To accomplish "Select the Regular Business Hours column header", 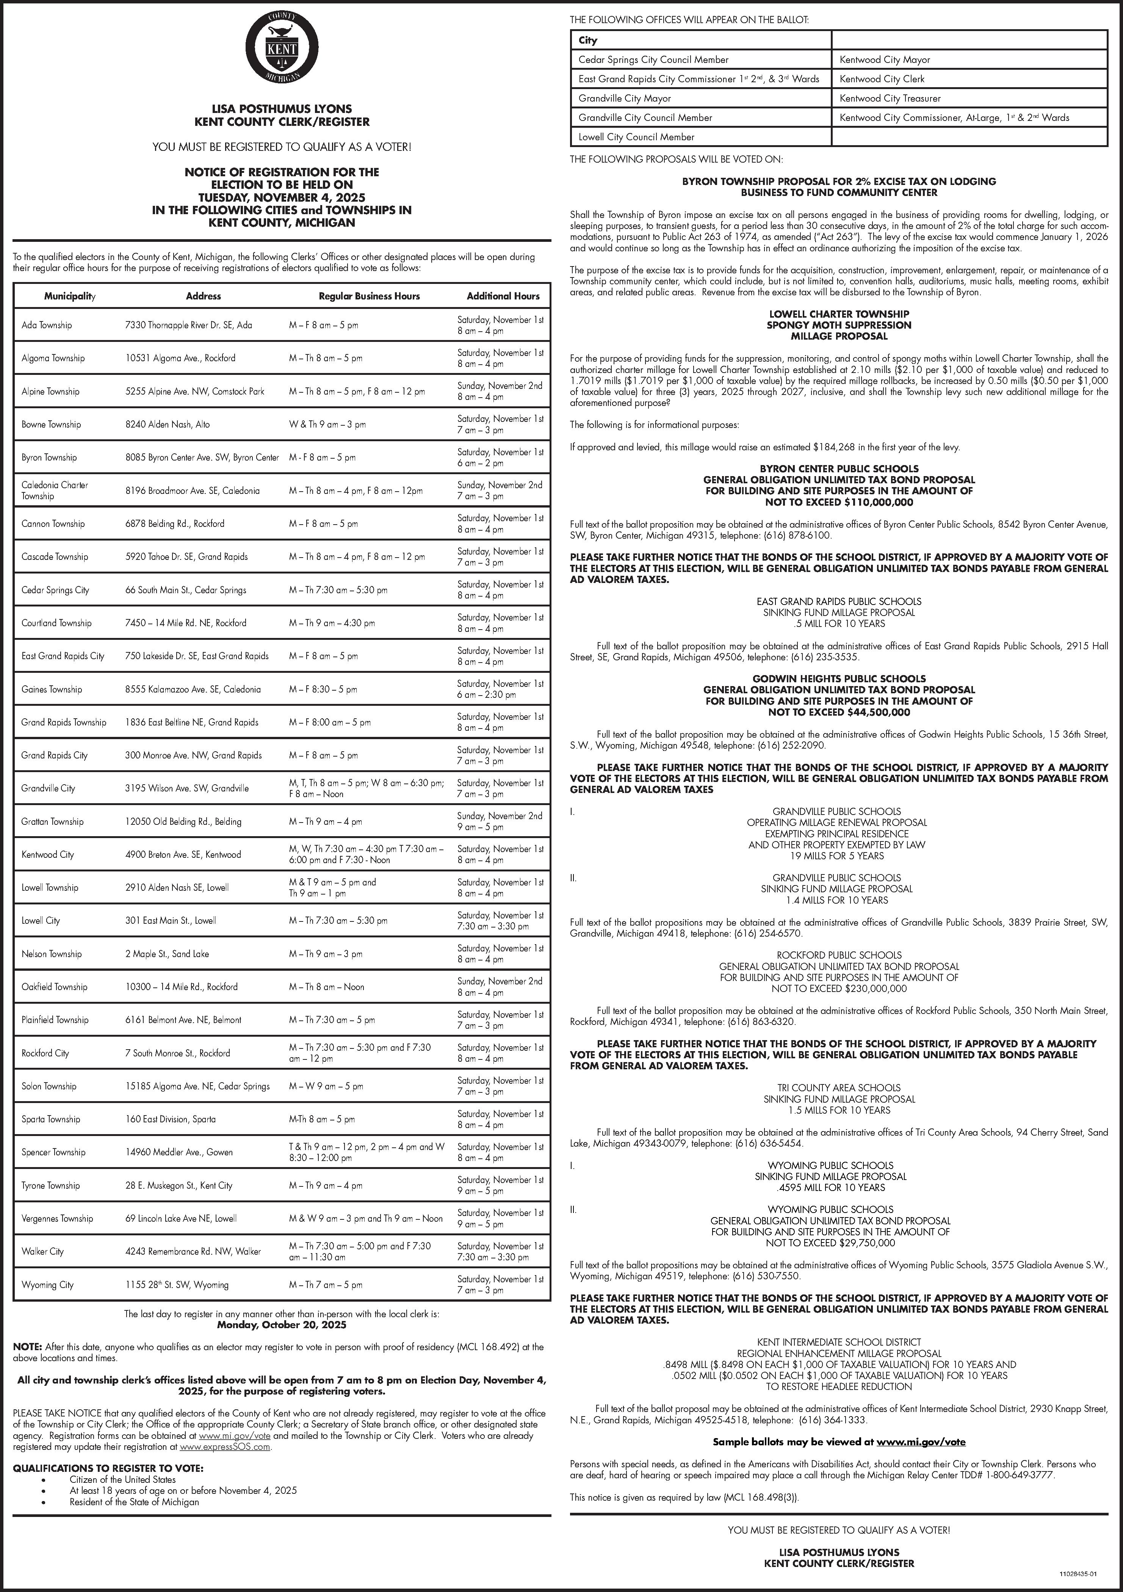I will click(369, 296).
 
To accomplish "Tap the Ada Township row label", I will click(47, 325).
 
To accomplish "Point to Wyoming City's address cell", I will click(177, 1285).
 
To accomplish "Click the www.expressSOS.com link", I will click(225, 1447).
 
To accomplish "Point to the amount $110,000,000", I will click(878, 502).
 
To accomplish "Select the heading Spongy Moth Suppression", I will click(839, 325).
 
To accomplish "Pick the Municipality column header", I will click(69, 296).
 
